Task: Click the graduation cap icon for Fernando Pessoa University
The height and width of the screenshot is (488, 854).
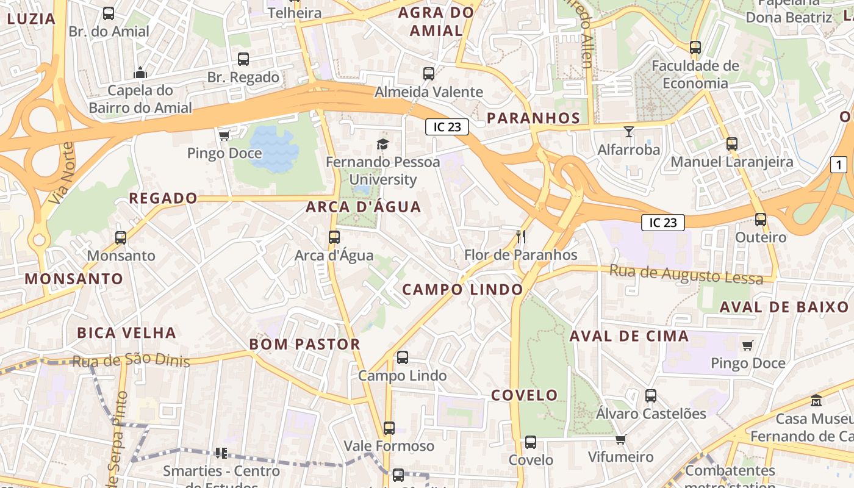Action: (x=382, y=144)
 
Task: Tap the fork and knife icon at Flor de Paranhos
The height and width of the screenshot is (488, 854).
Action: (x=521, y=237)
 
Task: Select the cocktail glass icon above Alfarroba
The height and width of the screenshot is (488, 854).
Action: (x=629, y=131)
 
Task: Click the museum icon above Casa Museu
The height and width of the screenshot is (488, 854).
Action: (x=816, y=401)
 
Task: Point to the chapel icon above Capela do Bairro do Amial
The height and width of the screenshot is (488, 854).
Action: (x=141, y=73)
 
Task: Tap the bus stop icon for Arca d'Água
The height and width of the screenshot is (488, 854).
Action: (x=334, y=237)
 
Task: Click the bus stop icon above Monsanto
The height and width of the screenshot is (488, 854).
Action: (x=121, y=238)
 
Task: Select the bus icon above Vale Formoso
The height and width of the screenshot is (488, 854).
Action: (x=389, y=428)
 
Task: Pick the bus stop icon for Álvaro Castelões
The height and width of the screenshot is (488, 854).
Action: (x=651, y=396)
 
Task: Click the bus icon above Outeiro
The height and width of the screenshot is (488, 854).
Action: (x=761, y=220)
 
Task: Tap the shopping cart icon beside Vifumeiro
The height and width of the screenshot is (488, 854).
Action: (x=621, y=439)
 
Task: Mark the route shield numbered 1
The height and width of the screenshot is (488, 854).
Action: (x=839, y=164)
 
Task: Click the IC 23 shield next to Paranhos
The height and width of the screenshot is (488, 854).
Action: (x=447, y=127)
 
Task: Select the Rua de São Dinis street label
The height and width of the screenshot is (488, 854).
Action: (x=131, y=361)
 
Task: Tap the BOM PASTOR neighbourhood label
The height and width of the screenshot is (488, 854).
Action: (x=305, y=344)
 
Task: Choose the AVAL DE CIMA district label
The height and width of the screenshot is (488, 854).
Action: (x=629, y=336)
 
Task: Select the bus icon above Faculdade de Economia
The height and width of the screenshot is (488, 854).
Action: (x=695, y=48)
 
